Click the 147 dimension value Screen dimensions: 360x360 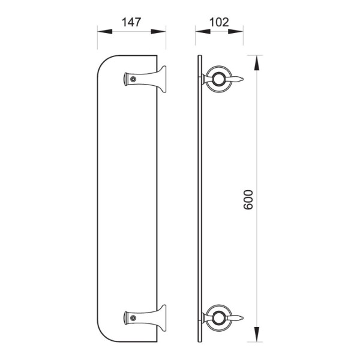click(x=131, y=22)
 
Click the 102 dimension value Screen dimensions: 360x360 click(x=219, y=22)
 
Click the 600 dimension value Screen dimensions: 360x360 click(x=248, y=200)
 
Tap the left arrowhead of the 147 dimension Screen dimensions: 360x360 click(x=105, y=31)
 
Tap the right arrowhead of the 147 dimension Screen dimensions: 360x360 click(x=158, y=31)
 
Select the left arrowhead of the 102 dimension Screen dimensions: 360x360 click(x=203, y=31)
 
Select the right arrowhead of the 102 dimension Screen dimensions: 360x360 click(x=236, y=31)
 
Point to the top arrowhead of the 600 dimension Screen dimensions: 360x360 click(x=257, y=62)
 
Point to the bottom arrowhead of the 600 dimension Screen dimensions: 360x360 click(x=257, y=334)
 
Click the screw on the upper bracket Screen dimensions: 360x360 click(x=133, y=79)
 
